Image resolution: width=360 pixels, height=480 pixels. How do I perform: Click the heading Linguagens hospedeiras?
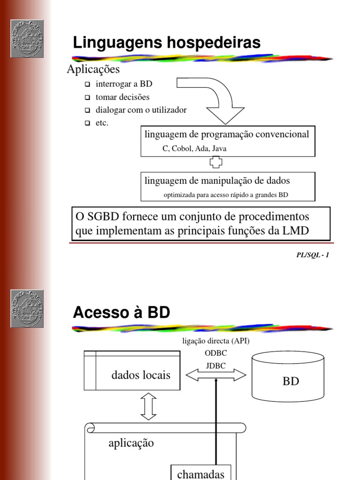click(166, 43)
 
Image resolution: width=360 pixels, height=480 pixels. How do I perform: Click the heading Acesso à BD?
click(121, 313)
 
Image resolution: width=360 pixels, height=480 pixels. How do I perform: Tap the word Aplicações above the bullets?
click(93, 70)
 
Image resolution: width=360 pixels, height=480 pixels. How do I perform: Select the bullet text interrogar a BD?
click(124, 84)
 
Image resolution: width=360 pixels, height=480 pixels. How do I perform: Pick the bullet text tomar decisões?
click(122, 97)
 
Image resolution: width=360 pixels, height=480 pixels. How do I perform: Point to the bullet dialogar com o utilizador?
click(141, 111)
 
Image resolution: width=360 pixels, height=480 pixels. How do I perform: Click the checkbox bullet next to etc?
click(87, 124)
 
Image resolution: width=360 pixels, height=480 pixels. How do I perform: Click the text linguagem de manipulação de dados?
click(217, 180)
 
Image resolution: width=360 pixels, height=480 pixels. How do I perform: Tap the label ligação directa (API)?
click(216, 341)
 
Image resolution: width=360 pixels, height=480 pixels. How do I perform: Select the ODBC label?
click(216, 354)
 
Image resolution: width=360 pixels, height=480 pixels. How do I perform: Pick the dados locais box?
click(132, 370)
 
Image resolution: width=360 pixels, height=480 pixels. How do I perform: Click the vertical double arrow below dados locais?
click(149, 405)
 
